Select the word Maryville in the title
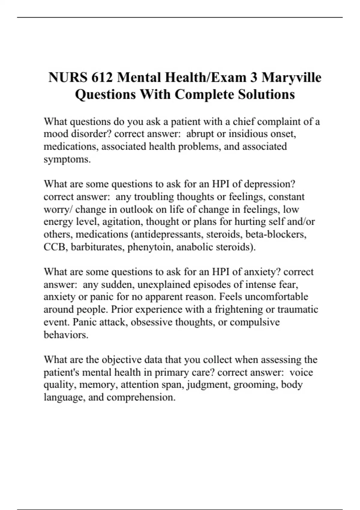[291, 77]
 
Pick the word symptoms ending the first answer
[67, 159]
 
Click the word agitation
[124, 222]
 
